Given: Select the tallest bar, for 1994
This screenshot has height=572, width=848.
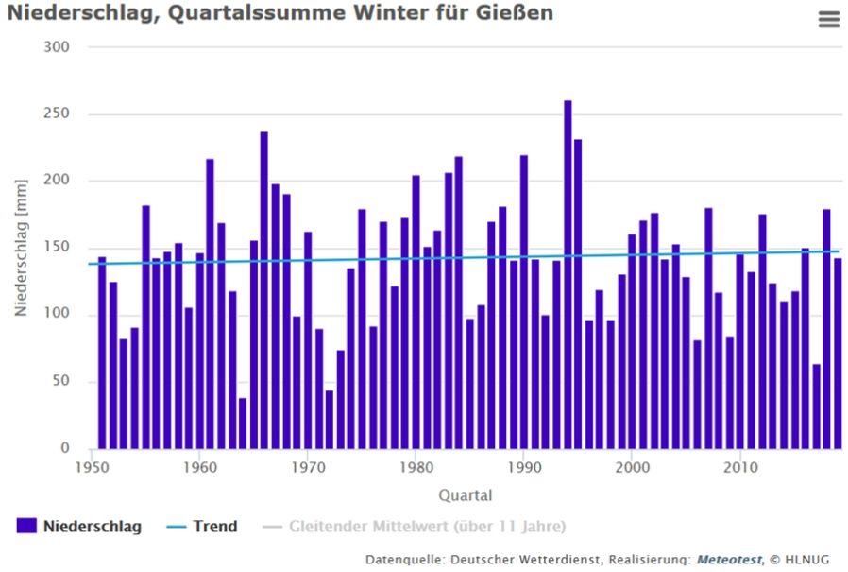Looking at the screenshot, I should click(x=568, y=274).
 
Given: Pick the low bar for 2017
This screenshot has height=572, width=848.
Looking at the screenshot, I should click(x=816, y=407).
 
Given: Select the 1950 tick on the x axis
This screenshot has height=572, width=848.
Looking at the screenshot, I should click(x=92, y=466).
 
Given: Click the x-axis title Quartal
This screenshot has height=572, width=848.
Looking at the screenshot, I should click(x=465, y=494).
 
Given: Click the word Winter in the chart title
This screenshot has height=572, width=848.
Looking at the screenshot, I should click(x=387, y=13).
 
